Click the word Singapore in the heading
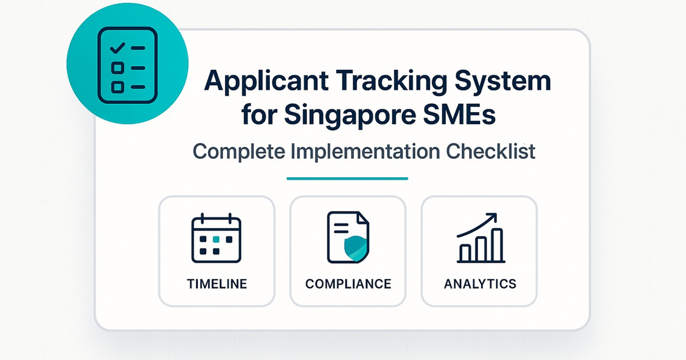[x=350, y=115]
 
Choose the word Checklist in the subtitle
[x=490, y=151]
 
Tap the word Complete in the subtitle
[x=239, y=151]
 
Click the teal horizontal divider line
[x=348, y=178]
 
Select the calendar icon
[x=216, y=238]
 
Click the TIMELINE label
[x=217, y=284]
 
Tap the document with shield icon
[x=348, y=237]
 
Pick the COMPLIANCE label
[x=348, y=284]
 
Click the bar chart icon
[x=481, y=238]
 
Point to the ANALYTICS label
[x=480, y=284]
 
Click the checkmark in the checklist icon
[x=117, y=48]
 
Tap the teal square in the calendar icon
[x=216, y=239]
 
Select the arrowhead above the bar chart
[x=492, y=218]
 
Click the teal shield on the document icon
[x=356, y=249]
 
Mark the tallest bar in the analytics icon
[x=497, y=245]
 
